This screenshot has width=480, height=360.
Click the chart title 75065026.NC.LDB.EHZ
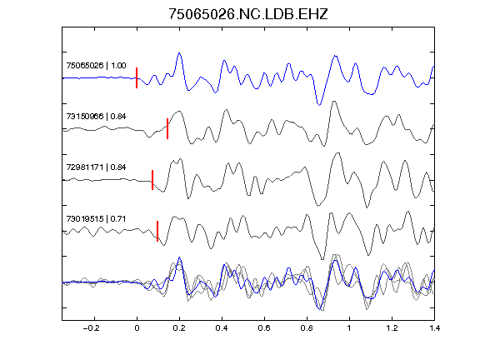point(248,14)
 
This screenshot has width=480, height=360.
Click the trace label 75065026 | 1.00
point(96,66)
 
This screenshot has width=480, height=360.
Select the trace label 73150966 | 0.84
point(96,117)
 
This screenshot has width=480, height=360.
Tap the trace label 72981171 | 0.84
point(96,167)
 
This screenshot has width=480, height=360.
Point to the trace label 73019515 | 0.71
point(96,218)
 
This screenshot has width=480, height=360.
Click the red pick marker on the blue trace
point(137,77)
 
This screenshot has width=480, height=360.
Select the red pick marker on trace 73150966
point(167,128)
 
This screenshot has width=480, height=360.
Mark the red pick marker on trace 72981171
point(152,180)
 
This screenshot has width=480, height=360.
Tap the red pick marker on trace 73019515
point(157,231)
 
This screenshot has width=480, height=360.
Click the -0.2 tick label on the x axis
point(92,328)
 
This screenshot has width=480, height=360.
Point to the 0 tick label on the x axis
point(137,328)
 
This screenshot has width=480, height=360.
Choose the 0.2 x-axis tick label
point(179,328)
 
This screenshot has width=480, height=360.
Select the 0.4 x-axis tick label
point(222,328)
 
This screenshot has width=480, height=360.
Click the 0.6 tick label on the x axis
point(264,328)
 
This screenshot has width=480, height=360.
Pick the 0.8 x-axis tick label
point(307,328)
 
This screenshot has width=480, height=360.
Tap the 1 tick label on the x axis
point(349,328)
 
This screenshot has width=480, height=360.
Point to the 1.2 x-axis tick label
point(392,328)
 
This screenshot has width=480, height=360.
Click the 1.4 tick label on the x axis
point(434,328)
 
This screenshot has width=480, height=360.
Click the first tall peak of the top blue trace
point(179,53)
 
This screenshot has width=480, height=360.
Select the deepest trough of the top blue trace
point(320,105)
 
